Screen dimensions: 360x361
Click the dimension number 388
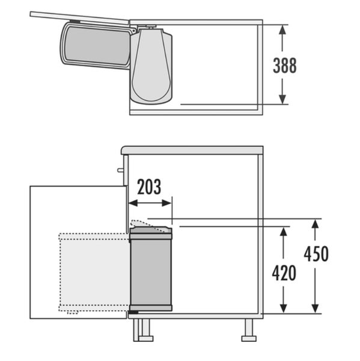(285, 66)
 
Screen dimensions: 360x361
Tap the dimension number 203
(149, 187)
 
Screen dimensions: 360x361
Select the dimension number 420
(284, 273)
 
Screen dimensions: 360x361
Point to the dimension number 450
(316, 254)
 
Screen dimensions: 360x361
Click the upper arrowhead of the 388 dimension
(282, 30)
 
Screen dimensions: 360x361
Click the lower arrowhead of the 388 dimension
(282, 99)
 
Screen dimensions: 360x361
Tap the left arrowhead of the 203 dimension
(133, 203)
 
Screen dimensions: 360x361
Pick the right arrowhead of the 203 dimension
(166, 203)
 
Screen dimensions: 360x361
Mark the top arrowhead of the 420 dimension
(284, 232)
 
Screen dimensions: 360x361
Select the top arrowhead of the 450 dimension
(315, 224)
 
